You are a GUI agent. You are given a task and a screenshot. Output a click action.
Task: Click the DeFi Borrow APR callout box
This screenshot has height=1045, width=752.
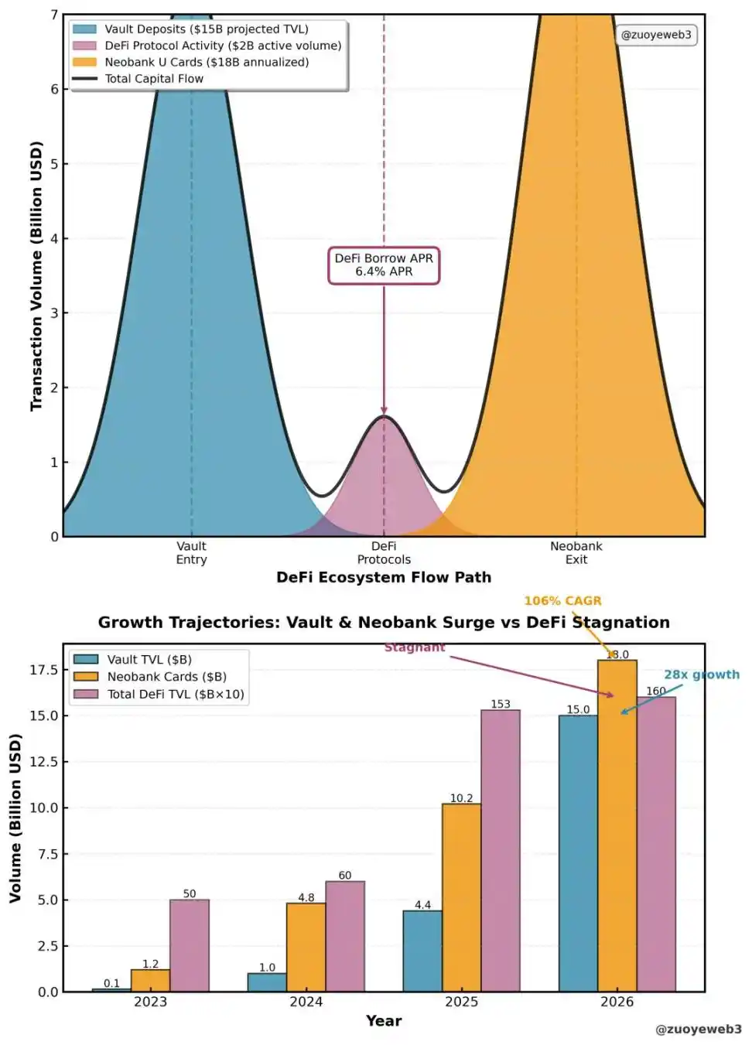tap(384, 265)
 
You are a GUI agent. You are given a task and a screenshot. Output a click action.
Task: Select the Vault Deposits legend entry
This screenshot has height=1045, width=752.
tap(206, 29)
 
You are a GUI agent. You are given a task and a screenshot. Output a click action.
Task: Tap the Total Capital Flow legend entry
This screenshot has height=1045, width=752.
tap(154, 79)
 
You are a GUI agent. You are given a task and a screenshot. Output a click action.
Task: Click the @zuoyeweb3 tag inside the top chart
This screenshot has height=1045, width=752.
tap(656, 35)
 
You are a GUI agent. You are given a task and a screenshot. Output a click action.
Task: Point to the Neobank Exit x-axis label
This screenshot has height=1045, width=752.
tap(576, 553)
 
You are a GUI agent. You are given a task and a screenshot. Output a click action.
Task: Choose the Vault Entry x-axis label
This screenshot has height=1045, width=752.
tap(191, 553)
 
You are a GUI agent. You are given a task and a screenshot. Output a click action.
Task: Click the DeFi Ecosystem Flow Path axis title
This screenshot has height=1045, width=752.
tap(384, 578)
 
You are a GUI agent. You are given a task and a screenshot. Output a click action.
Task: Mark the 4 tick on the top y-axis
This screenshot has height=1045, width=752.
tap(54, 239)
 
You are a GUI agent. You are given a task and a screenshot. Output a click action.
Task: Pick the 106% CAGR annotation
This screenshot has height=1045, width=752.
tap(562, 601)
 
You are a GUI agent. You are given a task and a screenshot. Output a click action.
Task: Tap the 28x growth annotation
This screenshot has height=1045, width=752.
tap(701, 674)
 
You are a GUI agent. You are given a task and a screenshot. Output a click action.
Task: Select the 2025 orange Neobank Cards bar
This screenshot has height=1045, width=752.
tap(461, 897)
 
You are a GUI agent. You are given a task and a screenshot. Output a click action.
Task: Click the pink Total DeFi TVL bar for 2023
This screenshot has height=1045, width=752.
tap(190, 945)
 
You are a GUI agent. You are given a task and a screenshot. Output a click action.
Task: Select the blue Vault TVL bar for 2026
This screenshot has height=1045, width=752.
tap(578, 853)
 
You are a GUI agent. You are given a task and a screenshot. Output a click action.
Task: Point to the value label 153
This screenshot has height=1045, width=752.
tap(501, 704)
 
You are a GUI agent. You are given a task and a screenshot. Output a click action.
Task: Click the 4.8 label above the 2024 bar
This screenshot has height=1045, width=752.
tap(306, 898)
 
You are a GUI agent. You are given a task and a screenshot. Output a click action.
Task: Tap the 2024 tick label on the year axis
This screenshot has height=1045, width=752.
tap(306, 1002)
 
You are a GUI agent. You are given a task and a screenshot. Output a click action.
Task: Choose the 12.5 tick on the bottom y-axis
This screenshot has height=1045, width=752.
tap(43, 762)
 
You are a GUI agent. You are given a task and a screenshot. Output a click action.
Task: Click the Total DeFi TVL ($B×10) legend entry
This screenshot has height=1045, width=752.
tap(175, 695)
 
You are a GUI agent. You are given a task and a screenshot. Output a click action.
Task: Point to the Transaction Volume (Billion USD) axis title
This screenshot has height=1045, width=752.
tap(36, 275)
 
